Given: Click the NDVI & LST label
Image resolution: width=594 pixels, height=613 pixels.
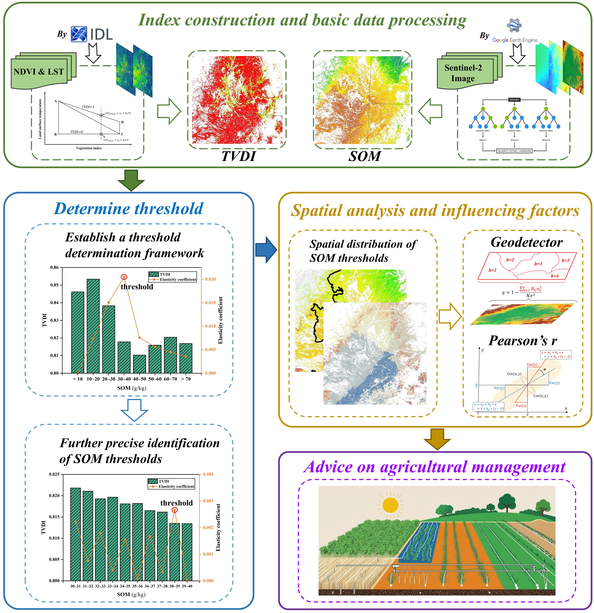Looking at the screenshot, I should click(x=39, y=72).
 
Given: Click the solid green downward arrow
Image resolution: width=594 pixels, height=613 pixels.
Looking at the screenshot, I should click(x=131, y=180).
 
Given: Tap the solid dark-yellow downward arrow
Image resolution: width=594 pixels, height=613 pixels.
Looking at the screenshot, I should click(x=437, y=439).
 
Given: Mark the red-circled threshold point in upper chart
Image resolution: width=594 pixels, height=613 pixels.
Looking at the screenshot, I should click(x=124, y=277).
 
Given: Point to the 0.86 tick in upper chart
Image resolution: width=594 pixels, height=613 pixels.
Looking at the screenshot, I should click(x=54, y=267).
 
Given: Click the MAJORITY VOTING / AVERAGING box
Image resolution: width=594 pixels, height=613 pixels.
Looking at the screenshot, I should click(x=514, y=151).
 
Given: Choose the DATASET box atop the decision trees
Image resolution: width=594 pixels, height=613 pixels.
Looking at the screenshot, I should click(x=514, y=100).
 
